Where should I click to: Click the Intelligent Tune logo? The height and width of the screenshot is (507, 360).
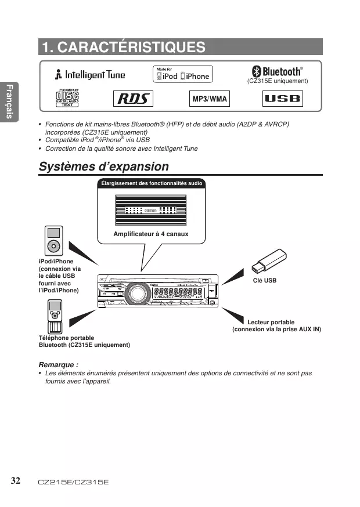[90, 75]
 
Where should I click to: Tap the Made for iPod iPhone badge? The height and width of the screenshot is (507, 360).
[182, 74]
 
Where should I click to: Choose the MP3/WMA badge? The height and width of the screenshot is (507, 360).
[210, 99]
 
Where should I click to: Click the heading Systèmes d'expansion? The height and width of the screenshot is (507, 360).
[104, 167]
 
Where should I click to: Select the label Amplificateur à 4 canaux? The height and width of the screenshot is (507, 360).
[151, 234]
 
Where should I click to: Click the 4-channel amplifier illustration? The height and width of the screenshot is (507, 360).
[151, 209]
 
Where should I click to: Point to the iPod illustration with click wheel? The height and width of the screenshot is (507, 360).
[54, 240]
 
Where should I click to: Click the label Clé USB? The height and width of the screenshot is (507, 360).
[265, 280]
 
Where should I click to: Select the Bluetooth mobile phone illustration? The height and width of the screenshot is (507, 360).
[55, 316]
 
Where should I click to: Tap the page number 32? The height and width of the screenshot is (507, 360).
[16, 481]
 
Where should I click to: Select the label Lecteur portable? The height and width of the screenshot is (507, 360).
[271, 322]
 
